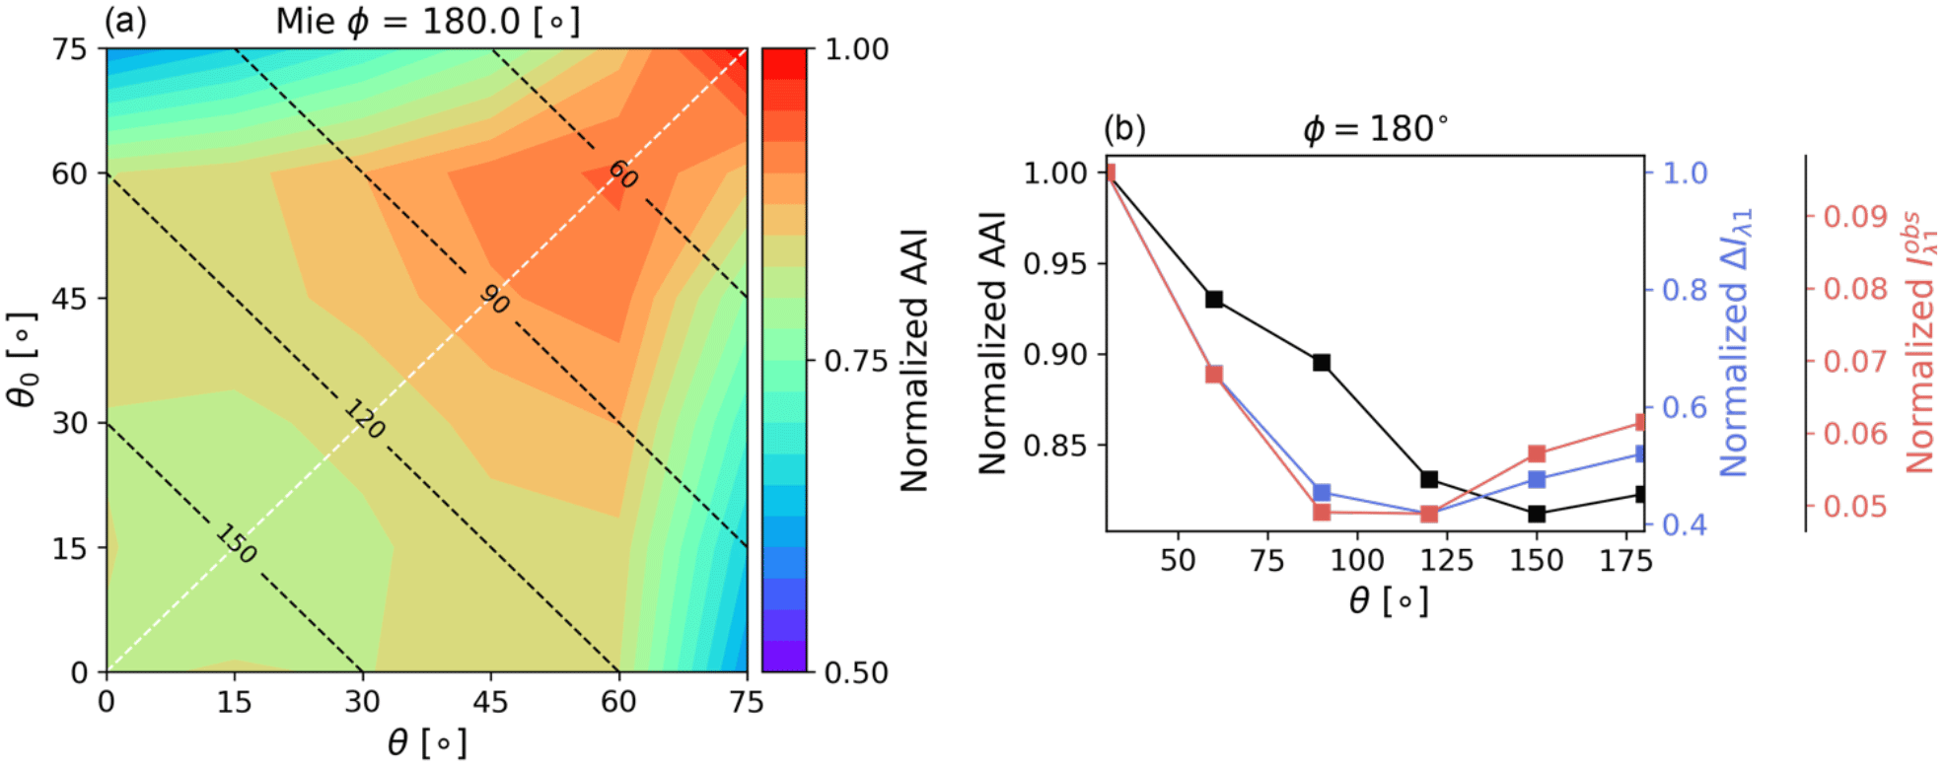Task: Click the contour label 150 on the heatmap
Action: [x=237, y=543]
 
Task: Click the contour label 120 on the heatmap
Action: [x=365, y=419]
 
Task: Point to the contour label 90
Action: [x=494, y=298]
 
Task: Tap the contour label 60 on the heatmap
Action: [x=622, y=174]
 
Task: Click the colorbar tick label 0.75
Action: [x=856, y=361]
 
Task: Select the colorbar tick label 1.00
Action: [x=856, y=49]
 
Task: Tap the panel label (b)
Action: [x=1124, y=129]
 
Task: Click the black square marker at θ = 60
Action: [x=1214, y=299]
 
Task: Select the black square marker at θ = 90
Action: [x=1322, y=363]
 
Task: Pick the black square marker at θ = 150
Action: [x=1537, y=514]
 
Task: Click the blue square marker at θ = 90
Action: [x=1322, y=493]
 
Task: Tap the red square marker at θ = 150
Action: [x=1537, y=453]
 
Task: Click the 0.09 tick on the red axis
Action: [x=1854, y=216]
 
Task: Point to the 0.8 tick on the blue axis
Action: [x=1685, y=290]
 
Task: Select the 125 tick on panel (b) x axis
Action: [x=1447, y=560]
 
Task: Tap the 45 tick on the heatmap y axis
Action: [x=69, y=298]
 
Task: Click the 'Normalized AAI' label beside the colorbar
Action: [x=914, y=360]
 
